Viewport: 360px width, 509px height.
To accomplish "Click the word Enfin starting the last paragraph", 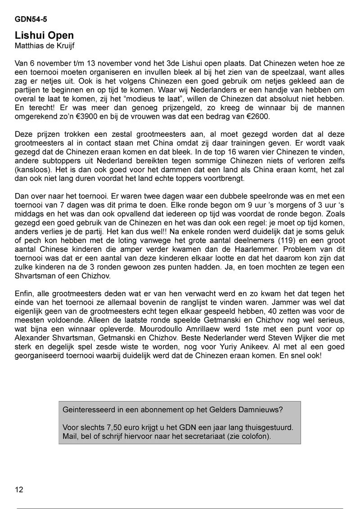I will tap(24, 293).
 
